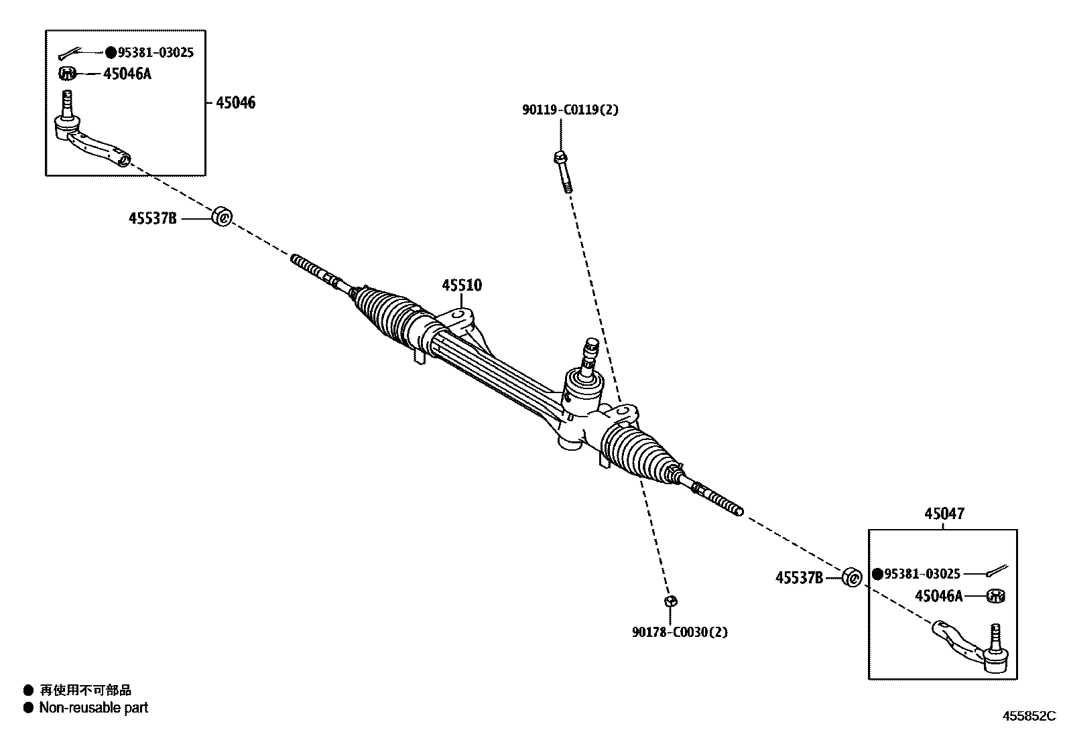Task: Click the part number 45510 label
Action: point(461,285)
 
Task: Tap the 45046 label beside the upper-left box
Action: point(235,103)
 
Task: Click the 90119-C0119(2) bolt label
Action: point(570,110)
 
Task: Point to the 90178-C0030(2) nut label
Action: point(679,632)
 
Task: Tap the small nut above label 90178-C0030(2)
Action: point(669,601)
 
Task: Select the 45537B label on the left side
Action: point(153,218)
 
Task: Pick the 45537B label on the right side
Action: point(799,577)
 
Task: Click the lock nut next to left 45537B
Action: point(222,217)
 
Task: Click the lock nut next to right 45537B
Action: point(851,577)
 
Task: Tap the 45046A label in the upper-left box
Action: point(127,74)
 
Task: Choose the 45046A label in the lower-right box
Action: point(938,595)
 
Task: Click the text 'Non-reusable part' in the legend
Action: point(94,707)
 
